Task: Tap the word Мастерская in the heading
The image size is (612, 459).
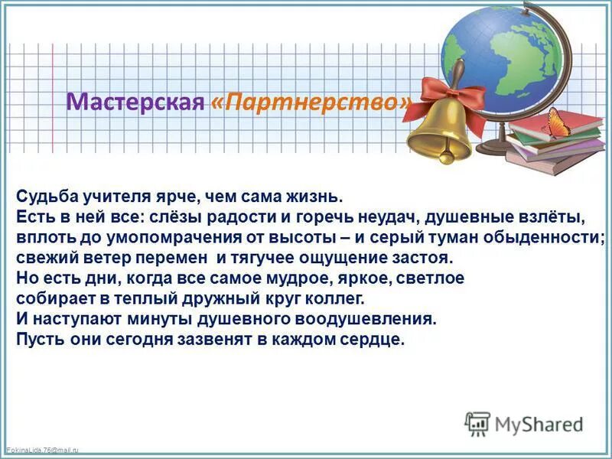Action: click(x=135, y=103)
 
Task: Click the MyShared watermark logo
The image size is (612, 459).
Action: click(x=523, y=424)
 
